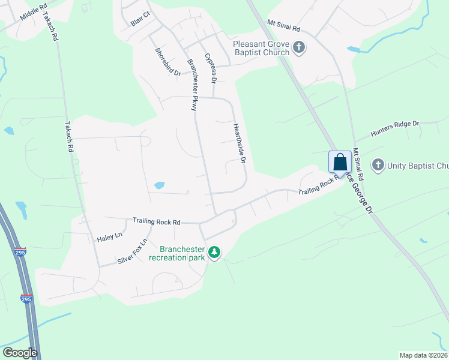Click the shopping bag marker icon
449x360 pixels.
[x=340, y=162]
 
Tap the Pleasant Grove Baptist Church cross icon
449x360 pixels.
[x=300, y=47]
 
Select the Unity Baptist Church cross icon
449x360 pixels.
[x=378, y=164]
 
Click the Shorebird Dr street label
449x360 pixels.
[x=167, y=62]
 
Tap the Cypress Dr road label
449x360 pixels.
[x=210, y=68]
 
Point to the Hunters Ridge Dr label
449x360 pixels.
[x=394, y=128]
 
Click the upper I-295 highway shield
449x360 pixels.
[x=20, y=253]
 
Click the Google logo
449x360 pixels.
[x=19, y=353]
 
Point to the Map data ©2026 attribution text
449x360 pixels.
[x=423, y=355]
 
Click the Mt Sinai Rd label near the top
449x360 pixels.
[x=283, y=28]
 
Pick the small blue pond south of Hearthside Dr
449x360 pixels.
[x=159, y=185]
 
